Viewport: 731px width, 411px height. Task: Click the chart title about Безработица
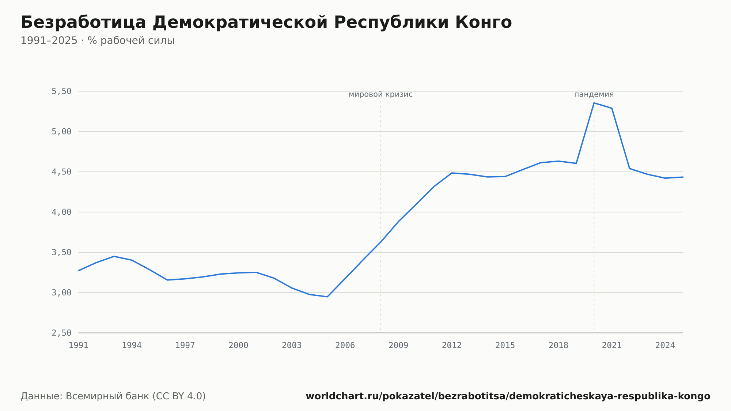click(x=266, y=22)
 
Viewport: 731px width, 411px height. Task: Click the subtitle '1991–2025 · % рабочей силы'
click(x=98, y=41)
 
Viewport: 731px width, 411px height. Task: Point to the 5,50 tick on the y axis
click(x=61, y=91)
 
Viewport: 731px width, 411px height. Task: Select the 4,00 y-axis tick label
click(x=61, y=212)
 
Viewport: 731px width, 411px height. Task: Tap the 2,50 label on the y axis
click(x=61, y=333)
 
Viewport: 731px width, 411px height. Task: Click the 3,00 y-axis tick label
click(x=61, y=293)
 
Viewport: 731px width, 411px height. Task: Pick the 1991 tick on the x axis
click(x=79, y=346)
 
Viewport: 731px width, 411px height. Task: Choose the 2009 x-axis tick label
click(x=398, y=346)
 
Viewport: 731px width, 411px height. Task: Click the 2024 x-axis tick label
click(x=665, y=346)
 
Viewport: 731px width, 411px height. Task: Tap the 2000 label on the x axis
click(x=238, y=346)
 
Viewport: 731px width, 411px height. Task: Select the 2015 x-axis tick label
click(x=505, y=346)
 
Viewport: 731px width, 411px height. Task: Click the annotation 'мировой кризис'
click(x=380, y=95)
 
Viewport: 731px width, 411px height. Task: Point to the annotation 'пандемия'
click(x=594, y=95)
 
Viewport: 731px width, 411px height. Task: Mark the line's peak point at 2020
click(x=594, y=103)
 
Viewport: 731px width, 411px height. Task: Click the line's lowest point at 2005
click(x=327, y=297)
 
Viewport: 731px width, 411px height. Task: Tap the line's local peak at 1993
click(x=114, y=256)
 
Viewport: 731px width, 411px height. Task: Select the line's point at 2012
click(x=452, y=173)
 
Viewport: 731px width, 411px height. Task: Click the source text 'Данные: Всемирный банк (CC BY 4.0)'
click(x=113, y=396)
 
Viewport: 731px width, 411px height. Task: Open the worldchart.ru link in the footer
click(x=508, y=396)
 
